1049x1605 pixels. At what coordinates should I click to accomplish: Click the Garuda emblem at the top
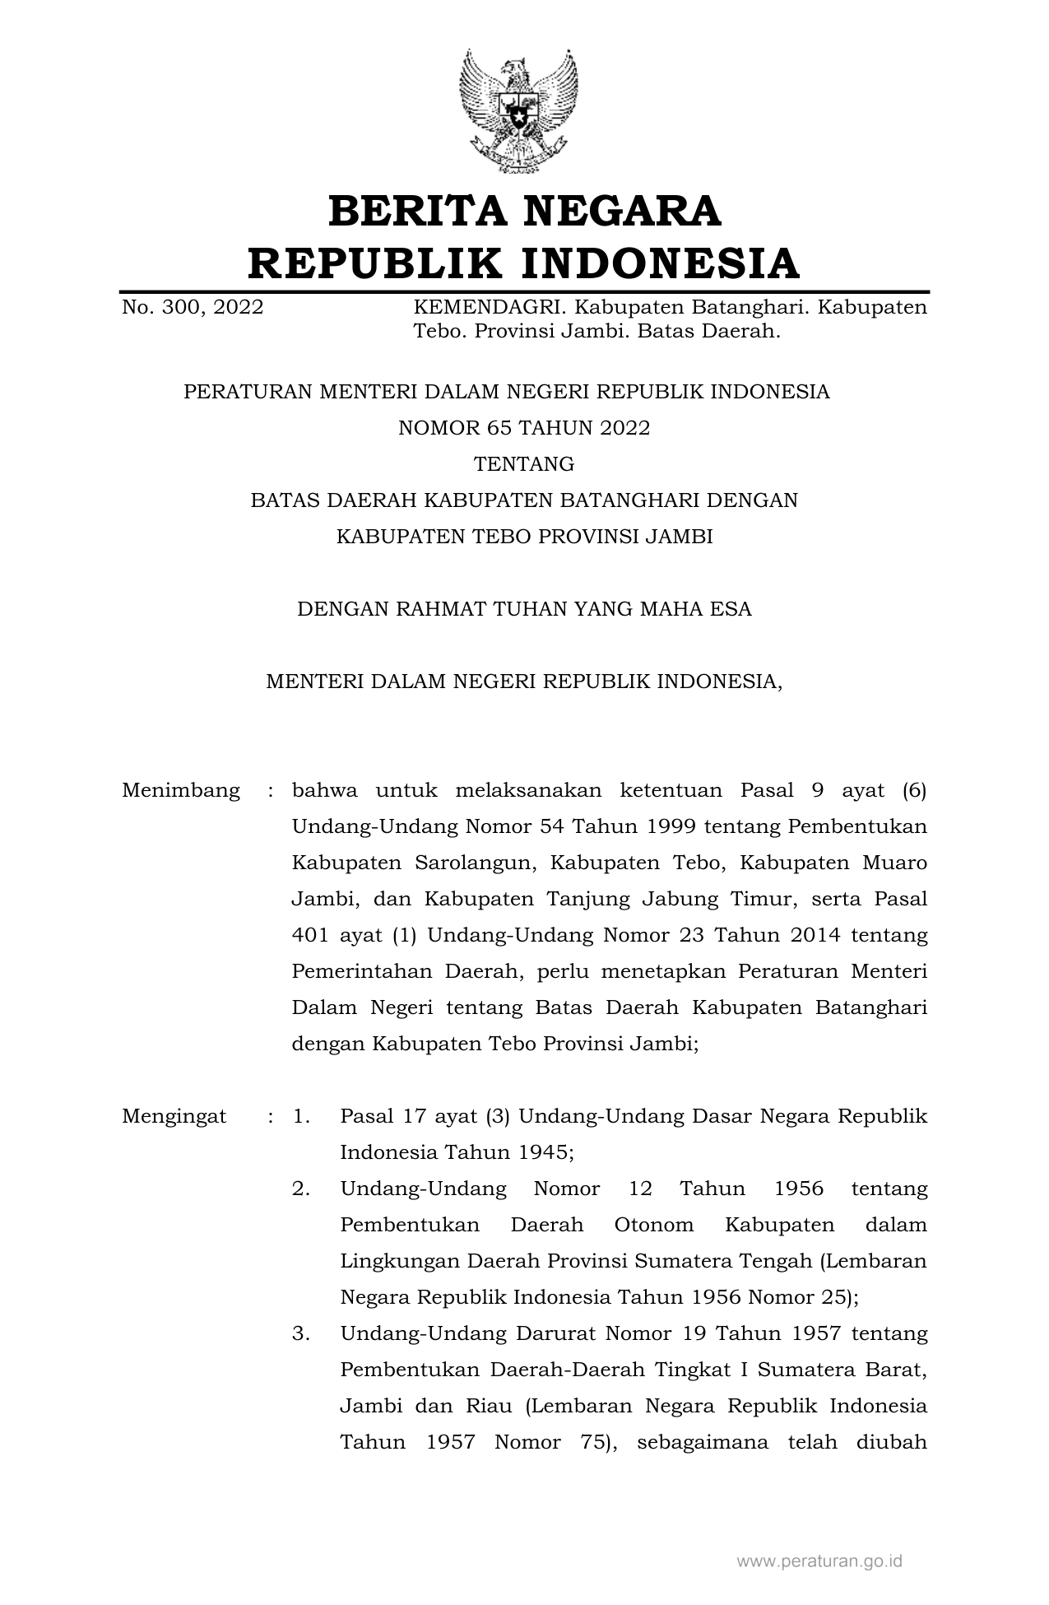click(x=518, y=111)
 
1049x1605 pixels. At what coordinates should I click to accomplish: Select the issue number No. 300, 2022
click(x=193, y=308)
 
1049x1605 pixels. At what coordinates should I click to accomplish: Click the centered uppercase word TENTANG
click(x=524, y=464)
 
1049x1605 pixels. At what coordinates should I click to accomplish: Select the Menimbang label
click(x=181, y=791)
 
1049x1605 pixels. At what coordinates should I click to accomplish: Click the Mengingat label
click(x=174, y=1117)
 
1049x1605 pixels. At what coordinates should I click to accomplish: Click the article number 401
click(x=310, y=935)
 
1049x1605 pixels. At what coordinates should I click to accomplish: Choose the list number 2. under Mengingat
click(x=301, y=1189)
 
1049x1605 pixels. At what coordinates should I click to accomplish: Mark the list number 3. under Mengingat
click(x=301, y=1333)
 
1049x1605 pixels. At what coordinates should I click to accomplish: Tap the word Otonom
click(x=654, y=1225)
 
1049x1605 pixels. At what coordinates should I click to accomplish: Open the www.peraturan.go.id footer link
click(x=819, y=1561)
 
